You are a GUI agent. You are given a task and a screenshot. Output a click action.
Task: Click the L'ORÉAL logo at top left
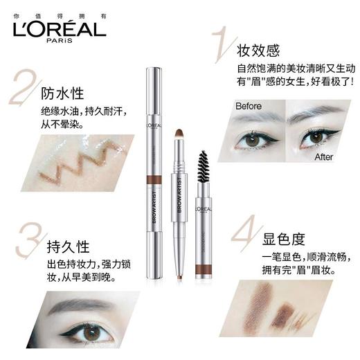58,27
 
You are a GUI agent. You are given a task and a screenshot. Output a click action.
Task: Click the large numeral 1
220,43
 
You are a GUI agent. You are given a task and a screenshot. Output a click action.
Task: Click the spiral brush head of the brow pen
204,161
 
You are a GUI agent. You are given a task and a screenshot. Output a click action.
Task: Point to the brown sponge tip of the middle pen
178,132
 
